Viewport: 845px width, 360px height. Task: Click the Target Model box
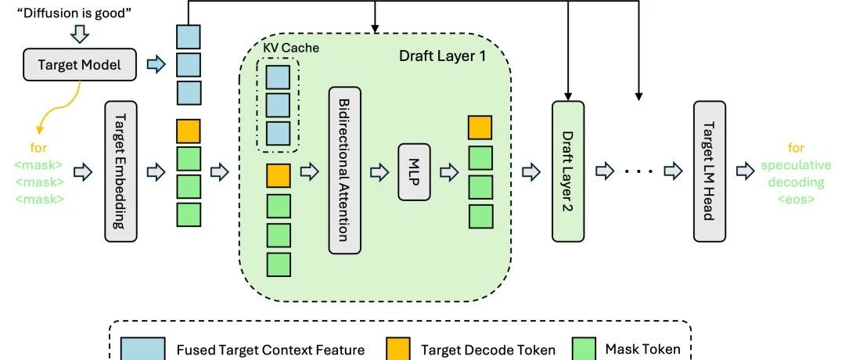80,65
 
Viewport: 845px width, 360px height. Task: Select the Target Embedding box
120,171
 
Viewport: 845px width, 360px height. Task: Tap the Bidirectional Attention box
344,171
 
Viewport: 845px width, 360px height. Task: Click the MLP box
415,172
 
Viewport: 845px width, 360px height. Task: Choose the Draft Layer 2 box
568,171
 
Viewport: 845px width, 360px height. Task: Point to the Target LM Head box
709,171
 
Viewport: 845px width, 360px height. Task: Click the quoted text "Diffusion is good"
75,13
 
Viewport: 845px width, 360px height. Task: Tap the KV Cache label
291,48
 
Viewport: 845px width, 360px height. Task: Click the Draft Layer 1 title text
442,56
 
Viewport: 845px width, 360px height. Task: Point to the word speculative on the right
796,165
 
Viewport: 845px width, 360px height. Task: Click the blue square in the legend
143,349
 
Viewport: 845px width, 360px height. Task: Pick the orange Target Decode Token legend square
397,349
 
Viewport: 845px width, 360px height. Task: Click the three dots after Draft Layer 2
640,171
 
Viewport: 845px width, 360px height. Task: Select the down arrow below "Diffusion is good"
80,34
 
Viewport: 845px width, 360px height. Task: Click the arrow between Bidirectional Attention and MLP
379,172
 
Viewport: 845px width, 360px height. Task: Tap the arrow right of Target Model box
156,65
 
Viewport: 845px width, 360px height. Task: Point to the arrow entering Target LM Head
673,171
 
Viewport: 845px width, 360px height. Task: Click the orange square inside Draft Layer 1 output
480,128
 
